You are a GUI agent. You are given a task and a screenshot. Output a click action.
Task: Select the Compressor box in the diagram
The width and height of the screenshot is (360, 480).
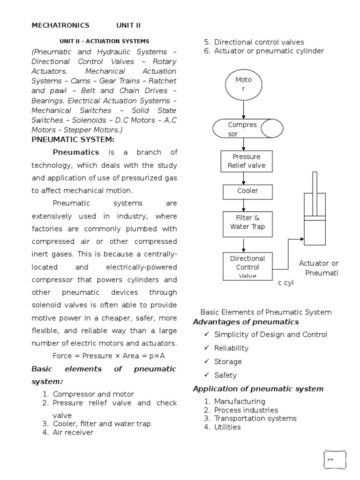(x=247, y=129)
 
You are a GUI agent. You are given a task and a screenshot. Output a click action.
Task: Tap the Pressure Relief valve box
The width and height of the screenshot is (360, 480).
(x=243, y=161)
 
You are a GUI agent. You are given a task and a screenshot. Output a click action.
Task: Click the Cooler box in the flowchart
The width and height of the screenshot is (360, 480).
(x=243, y=191)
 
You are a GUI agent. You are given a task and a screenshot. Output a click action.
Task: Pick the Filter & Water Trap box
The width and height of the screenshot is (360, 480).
(x=243, y=222)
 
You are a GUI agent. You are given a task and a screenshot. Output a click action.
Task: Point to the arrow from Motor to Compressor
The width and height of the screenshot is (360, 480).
(x=243, y=109)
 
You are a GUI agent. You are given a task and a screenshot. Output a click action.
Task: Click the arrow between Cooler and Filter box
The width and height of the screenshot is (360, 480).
(x=243, y=205)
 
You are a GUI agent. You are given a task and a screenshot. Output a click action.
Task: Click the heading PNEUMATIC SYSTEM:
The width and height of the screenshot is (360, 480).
(x=73, y=139)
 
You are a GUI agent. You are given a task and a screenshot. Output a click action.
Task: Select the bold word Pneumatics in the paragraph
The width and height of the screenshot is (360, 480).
(x=76, y=152)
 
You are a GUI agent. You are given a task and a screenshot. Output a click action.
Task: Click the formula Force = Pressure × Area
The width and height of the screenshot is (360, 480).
(x=109, y=356)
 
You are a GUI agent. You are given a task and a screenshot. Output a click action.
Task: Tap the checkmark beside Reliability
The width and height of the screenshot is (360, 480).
(x=206, y=348)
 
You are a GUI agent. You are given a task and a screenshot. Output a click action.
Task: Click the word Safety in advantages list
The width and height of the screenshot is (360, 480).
(x=225, y=375)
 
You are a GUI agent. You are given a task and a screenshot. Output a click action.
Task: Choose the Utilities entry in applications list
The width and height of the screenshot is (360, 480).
(x=227, y=427)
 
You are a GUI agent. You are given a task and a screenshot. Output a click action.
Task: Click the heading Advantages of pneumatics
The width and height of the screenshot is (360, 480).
(x=246, y=322)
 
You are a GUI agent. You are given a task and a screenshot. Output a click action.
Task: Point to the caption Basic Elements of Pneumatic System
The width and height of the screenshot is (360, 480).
(x=266, y=312)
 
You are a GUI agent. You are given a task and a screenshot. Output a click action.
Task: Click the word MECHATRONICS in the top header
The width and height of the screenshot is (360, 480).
(x=60, y=25)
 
